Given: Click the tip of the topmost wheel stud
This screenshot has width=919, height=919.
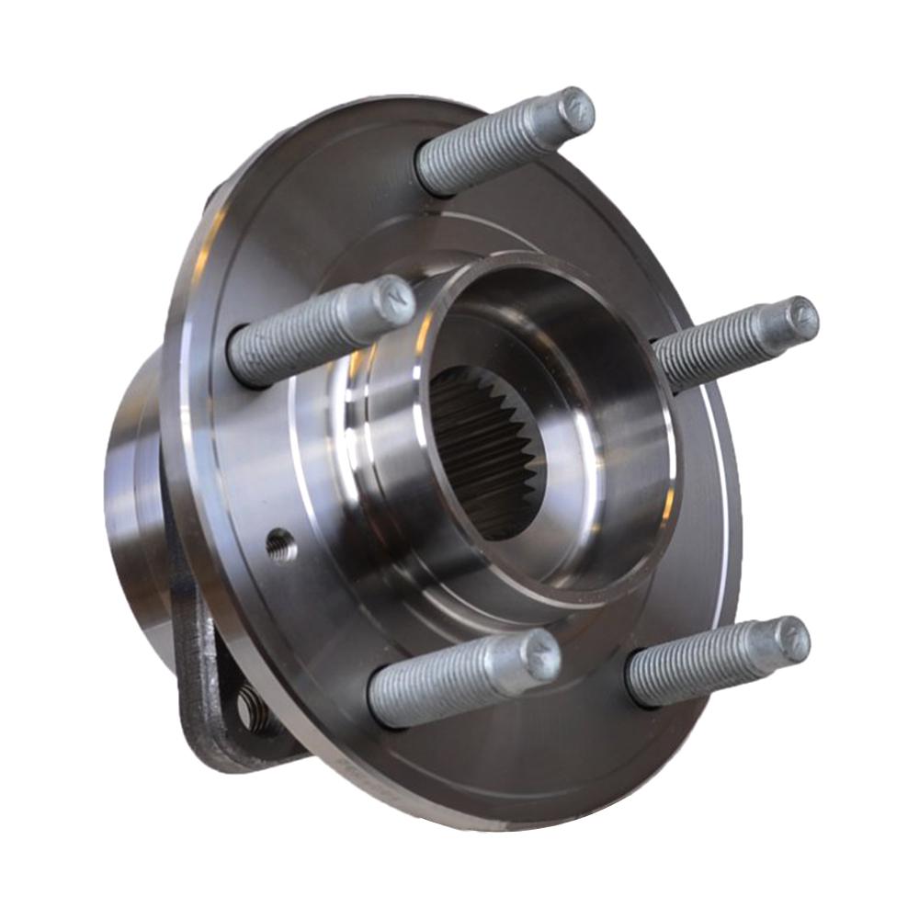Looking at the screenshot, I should (x=576, y=110).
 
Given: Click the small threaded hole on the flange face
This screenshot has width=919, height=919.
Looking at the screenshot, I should (x=281, y=547).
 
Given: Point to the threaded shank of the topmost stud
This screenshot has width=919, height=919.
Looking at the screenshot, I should (x=487, y=147).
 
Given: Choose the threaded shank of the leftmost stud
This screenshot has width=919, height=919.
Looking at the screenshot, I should (x=294, y=335).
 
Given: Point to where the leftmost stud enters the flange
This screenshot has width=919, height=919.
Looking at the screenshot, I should (x=241, y=358).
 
